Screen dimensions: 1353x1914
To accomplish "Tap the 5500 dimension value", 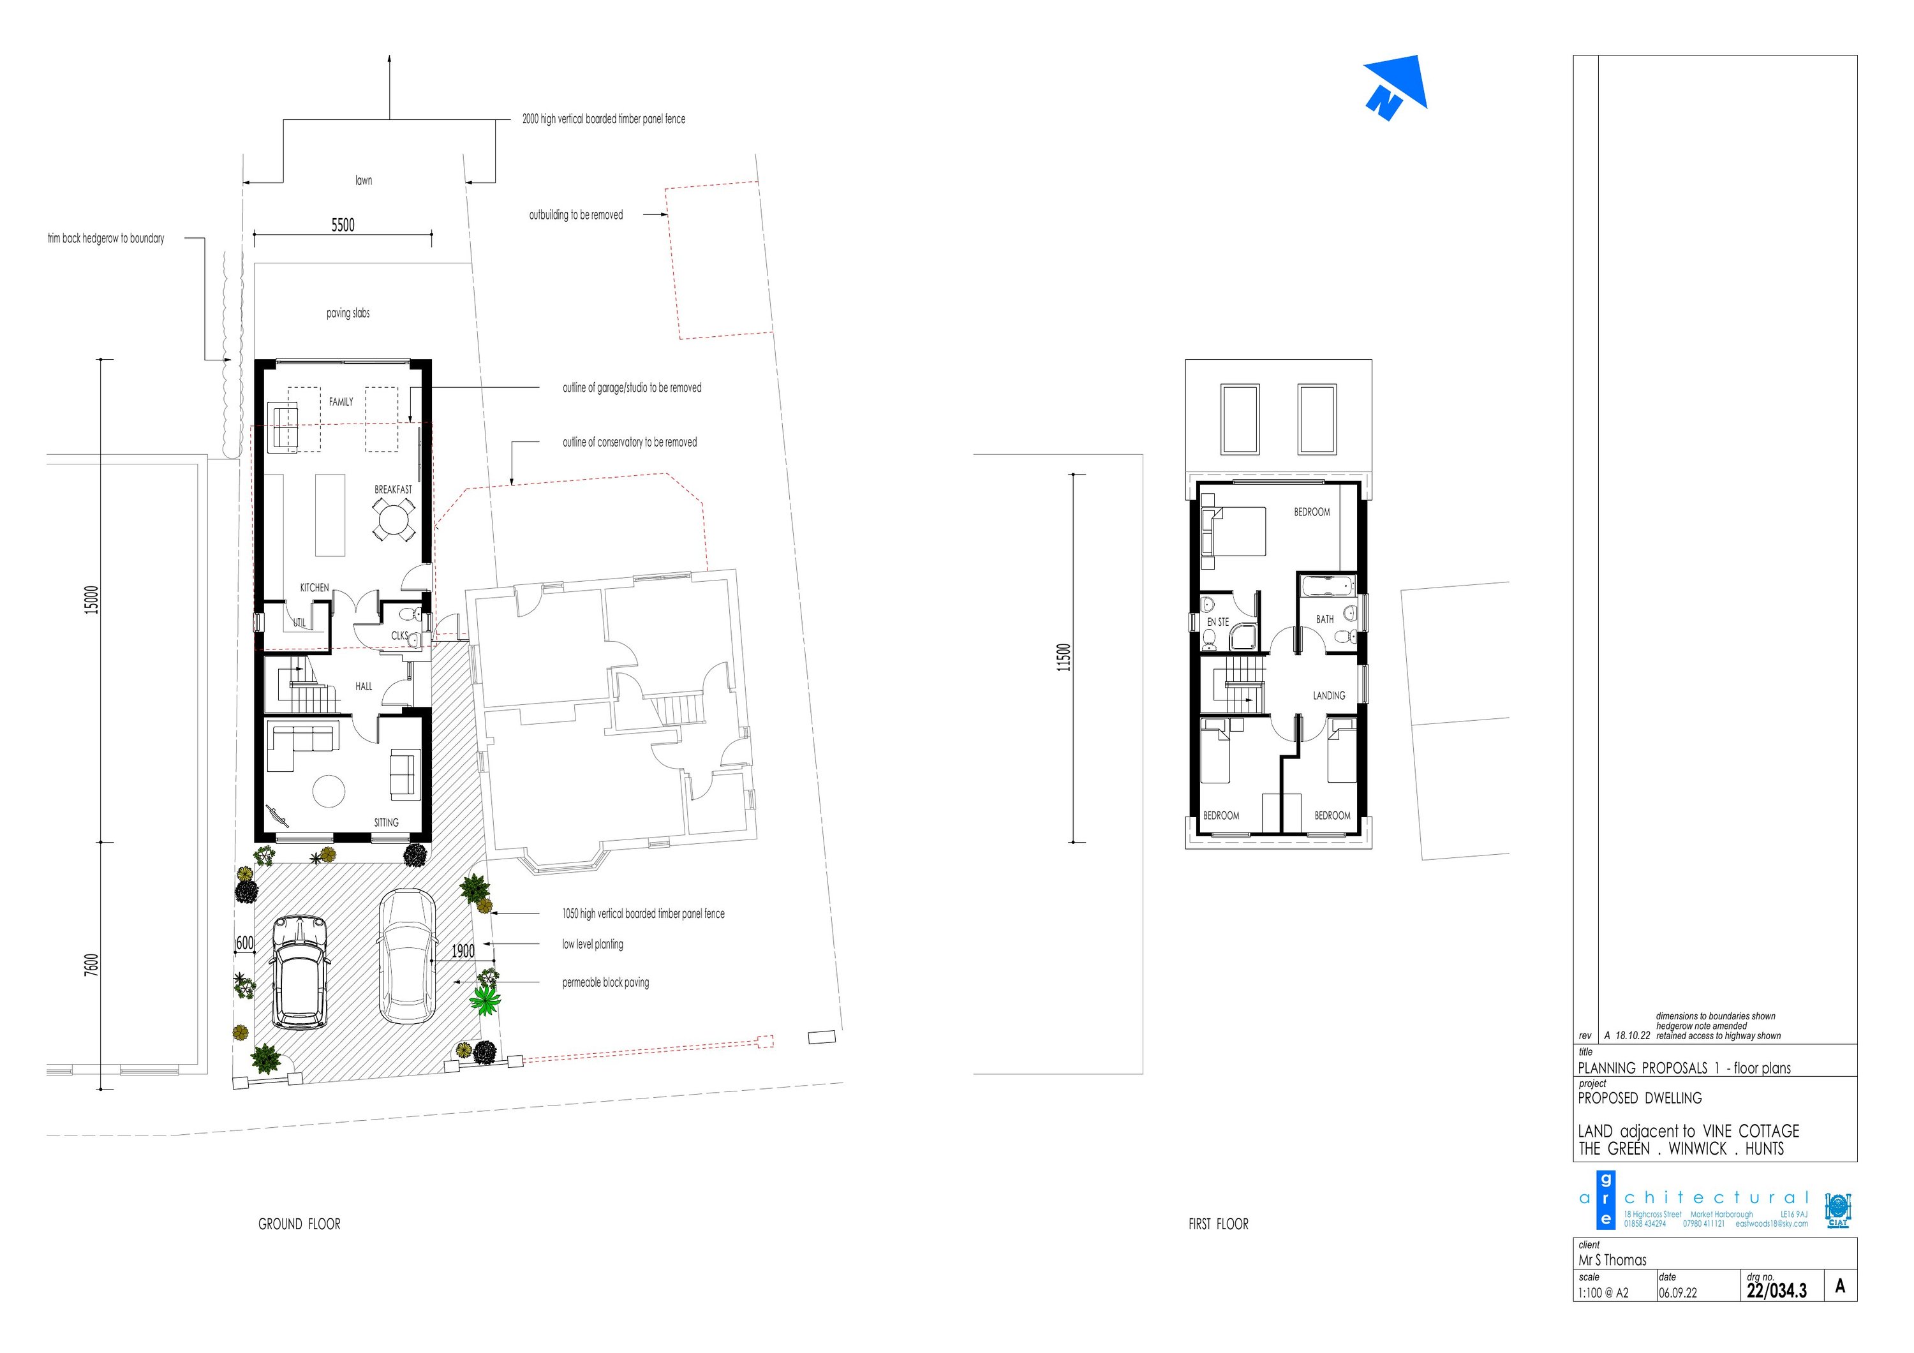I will pyautogui.click(x=343, y=225).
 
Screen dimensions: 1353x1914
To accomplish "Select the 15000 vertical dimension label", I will pyautogui.click(x=92, y=600).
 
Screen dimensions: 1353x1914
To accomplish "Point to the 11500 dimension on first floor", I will pyautogui.click(x=1063, y=657).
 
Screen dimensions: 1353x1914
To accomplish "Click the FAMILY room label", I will pyautogui.click(x=341, y=402).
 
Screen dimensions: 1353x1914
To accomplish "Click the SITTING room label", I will pyautogui.click(x=386, y=823).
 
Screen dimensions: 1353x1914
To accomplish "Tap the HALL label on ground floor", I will pyautogui.click(x=364, y=687).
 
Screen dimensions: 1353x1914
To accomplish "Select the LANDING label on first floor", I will pyautogui.click(x=1329, y=695).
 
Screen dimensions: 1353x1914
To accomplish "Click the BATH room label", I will pyautogui.click(x=1324, y=619).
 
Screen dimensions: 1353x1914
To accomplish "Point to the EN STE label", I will pyautogui.click(x=1218, y=622).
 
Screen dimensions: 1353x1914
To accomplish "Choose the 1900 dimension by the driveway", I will pyautogui.click(x=463, y=951).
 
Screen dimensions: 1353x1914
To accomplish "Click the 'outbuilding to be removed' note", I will pyautogui.click(x=576, y=215).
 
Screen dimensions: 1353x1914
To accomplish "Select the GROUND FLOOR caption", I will pyautogui.click(x=299, y=1224).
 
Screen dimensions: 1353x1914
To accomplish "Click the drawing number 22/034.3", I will pyautogui.click(x=1776, y=1290).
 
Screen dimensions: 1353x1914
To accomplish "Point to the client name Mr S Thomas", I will pyautogui.click(x=1612, y=1260).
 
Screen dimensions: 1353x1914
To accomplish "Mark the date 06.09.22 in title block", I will pyautogui.click(x=1677, y=1293).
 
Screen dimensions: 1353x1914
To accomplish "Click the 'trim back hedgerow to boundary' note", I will pyautogui.click(x=106, y=239).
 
